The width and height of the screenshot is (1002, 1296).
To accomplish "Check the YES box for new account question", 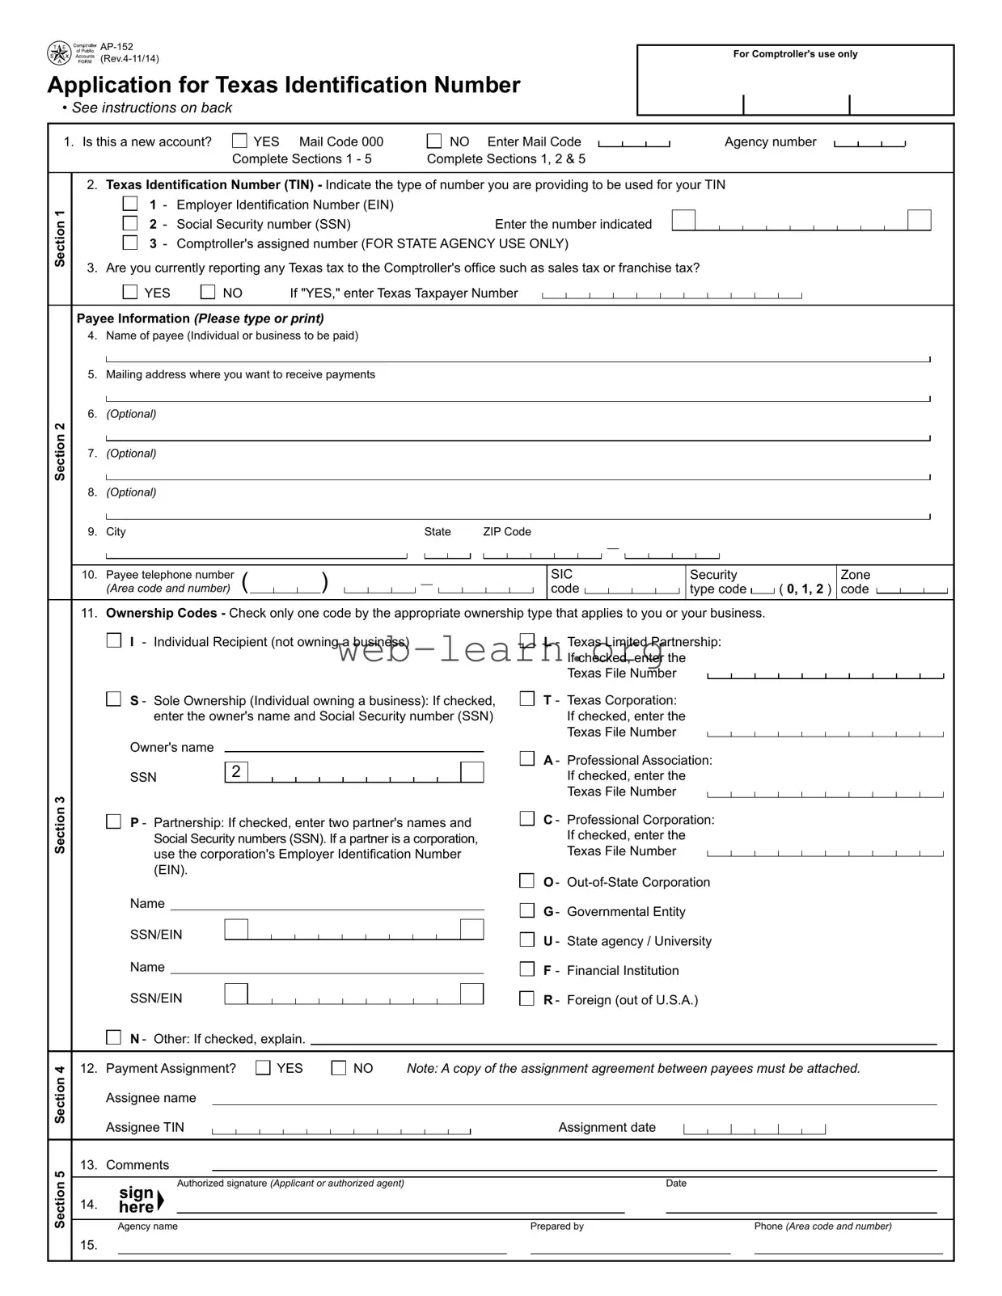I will pos(239,141).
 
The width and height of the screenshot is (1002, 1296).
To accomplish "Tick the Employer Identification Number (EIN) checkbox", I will pos(130,204).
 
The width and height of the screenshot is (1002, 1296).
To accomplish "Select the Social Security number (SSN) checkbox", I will pos(130,223).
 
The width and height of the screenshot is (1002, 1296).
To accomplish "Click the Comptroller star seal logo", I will pos(59,53).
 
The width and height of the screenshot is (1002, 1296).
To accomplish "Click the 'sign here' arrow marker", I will pos(160,1201).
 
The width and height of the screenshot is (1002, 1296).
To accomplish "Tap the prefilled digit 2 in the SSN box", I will pos(236,771).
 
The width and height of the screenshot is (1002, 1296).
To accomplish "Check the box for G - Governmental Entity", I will pos(527,910).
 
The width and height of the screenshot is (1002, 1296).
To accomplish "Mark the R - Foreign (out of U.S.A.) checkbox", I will pos(527,998).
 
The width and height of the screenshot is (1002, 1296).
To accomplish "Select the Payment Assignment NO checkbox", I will pos(339,1068).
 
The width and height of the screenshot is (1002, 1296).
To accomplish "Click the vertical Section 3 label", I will pos(60,825).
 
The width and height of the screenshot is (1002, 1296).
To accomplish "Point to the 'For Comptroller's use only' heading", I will pos(795,54).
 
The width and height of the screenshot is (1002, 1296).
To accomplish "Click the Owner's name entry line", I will pos(353,747).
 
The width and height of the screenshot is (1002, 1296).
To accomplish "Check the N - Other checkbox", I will pos(114,1037).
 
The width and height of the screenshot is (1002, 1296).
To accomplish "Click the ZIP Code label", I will pos(507,532).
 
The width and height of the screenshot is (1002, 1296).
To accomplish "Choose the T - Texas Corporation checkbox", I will pos(527,699).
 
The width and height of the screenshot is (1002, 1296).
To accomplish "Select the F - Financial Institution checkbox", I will pos(527,969).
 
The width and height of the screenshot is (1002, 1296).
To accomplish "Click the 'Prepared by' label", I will pos(556,1226).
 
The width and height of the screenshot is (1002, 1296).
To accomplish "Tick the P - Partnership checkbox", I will pos(114,821).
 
